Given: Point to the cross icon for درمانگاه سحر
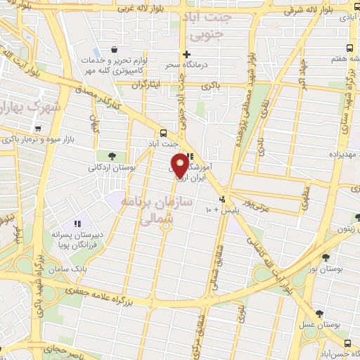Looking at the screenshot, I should [186, 54].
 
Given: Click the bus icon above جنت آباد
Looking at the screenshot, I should [163, 132].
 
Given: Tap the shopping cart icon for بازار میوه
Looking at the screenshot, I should [38, 129].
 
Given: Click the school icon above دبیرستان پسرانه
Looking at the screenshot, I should [77, 224].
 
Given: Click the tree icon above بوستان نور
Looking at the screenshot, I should [326, 257].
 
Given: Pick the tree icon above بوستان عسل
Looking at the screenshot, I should [320, 314].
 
